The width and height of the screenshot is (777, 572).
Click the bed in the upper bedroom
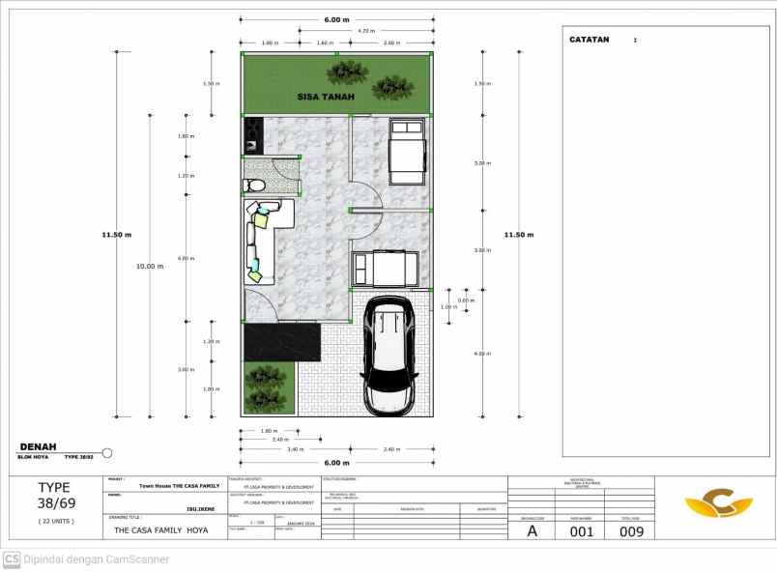(407, 150)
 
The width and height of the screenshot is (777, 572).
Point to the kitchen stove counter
(253, 134)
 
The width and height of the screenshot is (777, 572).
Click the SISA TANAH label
(325, 97)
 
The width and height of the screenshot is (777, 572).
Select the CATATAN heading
(589, 40)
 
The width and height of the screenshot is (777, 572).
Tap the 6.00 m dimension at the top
(336, 19)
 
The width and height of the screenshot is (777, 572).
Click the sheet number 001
(581, 529)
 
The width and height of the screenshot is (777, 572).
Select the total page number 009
(630, 529)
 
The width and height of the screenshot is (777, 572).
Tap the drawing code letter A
(531, 529)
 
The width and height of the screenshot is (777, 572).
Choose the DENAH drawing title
(38, 446)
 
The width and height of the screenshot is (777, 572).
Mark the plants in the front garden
(262, 387)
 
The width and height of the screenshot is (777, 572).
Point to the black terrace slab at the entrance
(281, 342)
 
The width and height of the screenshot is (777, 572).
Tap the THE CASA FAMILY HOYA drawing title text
(160, 529)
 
